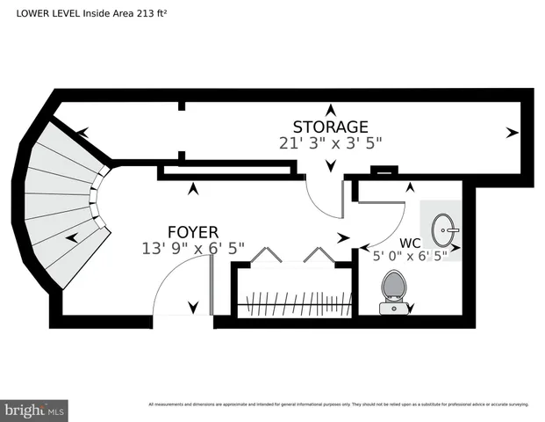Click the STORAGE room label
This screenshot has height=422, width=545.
pos(330,127)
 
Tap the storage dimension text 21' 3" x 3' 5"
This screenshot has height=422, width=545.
pos(330,142)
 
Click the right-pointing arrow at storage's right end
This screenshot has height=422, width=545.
pos(512,133)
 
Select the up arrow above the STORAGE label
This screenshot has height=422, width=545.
pos(330,110)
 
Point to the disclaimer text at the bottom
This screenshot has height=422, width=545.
pos(338,404)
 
